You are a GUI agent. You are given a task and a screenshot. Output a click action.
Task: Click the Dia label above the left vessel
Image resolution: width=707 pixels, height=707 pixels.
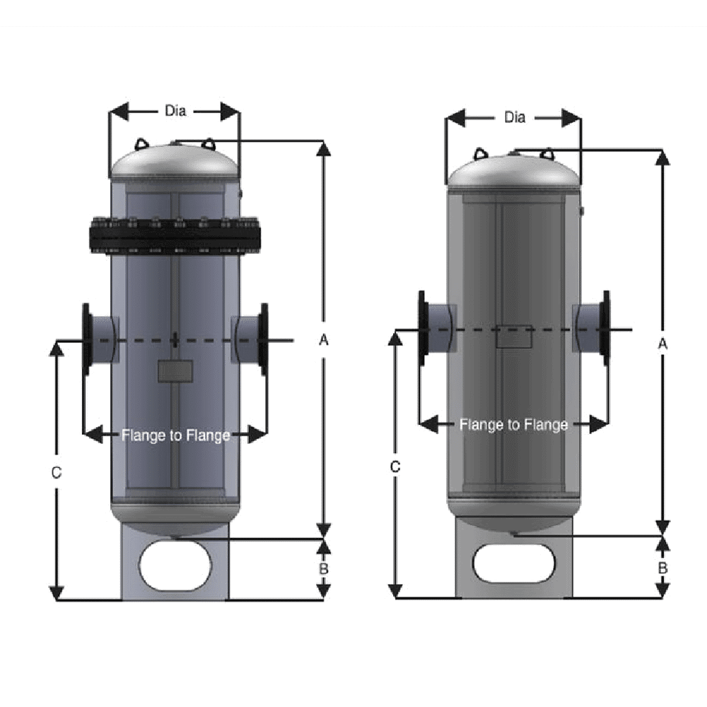[175, 110]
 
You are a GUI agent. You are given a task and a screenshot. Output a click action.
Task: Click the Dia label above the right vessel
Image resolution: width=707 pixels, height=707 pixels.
[515, 117]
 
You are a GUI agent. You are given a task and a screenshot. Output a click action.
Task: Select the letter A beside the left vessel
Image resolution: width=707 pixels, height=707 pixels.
[324, 340]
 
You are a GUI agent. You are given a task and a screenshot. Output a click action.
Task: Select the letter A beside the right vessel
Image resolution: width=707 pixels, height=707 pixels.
[662, 344]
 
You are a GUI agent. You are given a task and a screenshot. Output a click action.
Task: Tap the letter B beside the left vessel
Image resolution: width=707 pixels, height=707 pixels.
[324, 568]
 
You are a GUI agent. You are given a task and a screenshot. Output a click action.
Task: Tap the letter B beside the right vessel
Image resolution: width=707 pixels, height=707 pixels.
[662, 567]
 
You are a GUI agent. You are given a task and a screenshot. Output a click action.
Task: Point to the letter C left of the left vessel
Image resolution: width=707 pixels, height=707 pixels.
[57, 472]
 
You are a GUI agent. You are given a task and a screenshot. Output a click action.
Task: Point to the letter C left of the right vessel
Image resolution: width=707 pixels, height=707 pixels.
[395, 467]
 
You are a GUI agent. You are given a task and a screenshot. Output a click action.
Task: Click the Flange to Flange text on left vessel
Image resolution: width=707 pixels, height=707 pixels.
[175, 436]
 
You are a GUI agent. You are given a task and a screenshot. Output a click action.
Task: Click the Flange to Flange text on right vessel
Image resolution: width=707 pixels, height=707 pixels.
[514, 425]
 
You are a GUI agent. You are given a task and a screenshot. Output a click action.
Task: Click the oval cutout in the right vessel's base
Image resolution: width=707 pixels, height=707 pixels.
[513, 563]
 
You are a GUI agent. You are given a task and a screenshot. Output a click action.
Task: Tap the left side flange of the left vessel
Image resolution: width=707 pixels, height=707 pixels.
[88, 339]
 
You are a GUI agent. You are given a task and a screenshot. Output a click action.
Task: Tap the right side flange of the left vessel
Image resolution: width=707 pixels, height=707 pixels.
[264, 339]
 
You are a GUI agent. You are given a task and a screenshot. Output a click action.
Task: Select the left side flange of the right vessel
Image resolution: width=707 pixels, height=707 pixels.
[423, 328]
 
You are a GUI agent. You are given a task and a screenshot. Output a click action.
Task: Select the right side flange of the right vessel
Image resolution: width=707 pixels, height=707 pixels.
[605, 328]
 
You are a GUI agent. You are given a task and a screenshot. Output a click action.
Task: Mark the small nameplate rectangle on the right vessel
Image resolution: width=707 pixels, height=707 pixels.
[513, 337]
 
